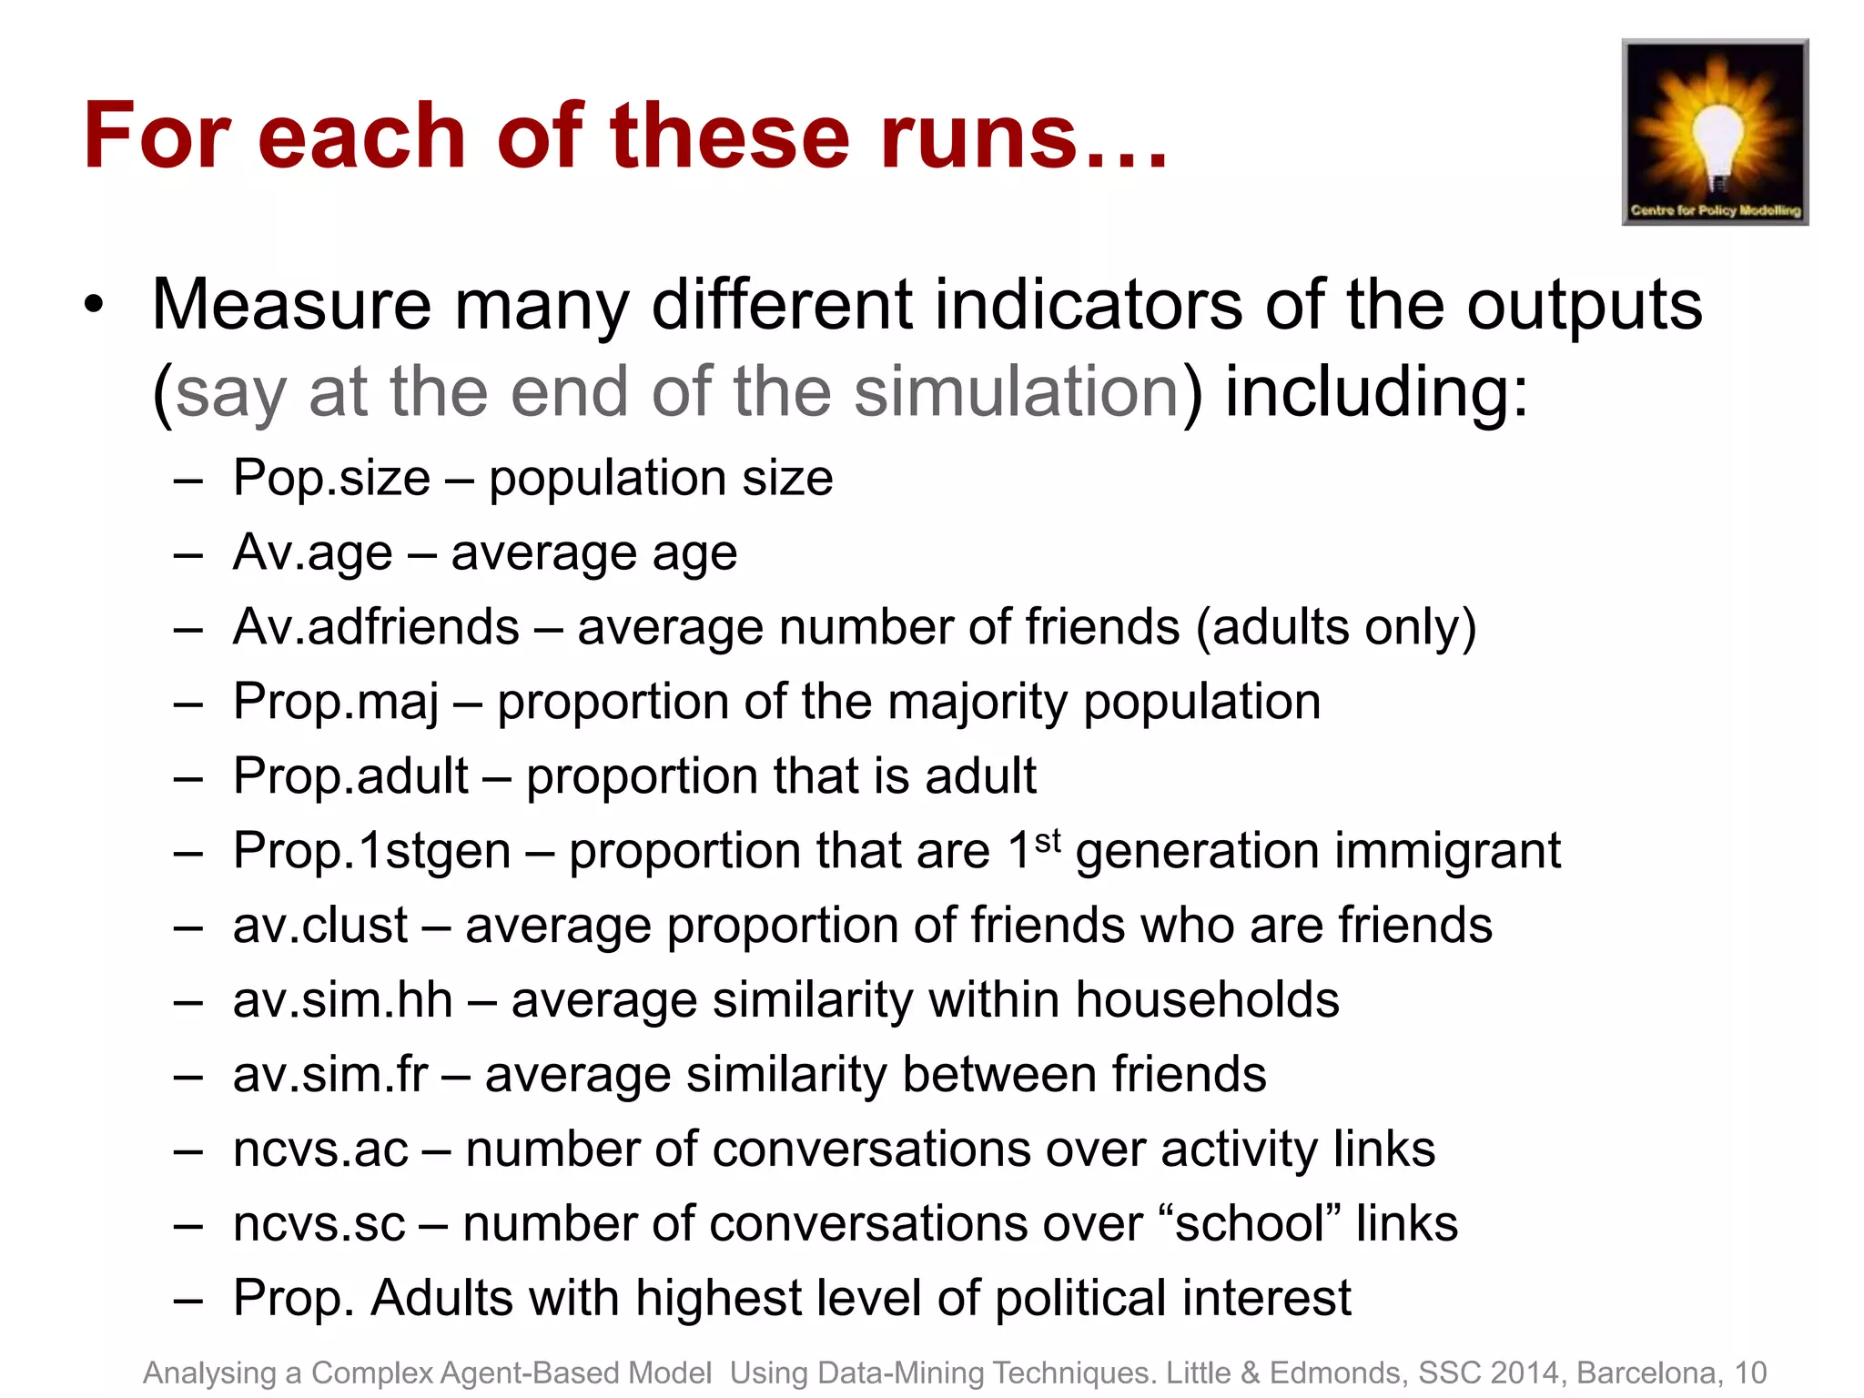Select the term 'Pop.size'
tap(331, 478)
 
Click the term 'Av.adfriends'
tap(376, 627)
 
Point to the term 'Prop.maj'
tap(336, 703)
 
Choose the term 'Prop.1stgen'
tap(371, 851)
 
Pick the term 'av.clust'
tap(320, 926)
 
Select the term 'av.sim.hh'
tap(342, 1000)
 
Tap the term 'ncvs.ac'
tap(320, 1150)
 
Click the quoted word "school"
tap(1250, 1223)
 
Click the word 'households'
tap(1207, 1000)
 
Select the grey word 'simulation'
tap(1017, 391)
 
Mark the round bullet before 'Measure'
tap(93, 306)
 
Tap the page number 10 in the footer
tap(1750, 1373)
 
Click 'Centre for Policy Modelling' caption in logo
tap(1716, 210)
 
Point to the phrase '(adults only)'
tap(1335, 627)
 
